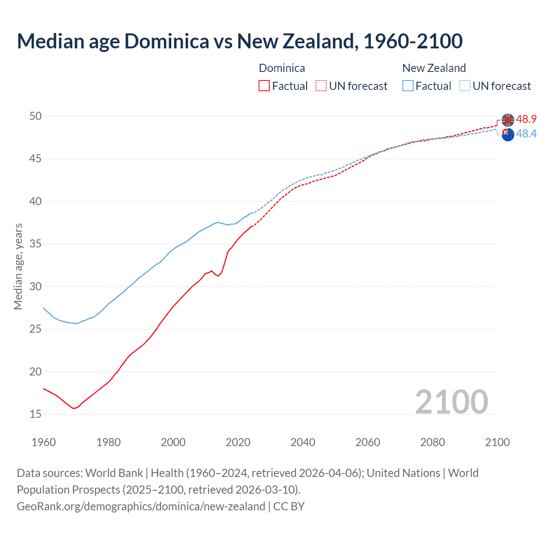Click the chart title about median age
click(x=240, y=41)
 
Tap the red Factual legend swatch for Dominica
click(x=264, y=86)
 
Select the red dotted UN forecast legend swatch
click(x=321, y=86)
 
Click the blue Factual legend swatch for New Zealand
click(x=408, y=86)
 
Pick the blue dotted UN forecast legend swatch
click(x=465, y=86)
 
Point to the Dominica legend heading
click(x=282, y=68)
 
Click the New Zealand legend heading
click(x=434, y=68)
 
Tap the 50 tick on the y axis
click(x=36, y=116)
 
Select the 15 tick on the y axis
click(x=36, y=414)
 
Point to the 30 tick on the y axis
click(x=36, y=286)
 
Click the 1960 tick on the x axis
click(x=44, y=442)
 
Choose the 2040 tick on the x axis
click(x=303, y=442)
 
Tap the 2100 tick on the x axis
click(x=497, y=442)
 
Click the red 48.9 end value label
click(x=526, y=119)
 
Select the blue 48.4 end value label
click(x=526, y=134)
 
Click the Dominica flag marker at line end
click(x=508, y=120)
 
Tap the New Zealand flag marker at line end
click(x=508, y=134)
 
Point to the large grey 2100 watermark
click(x=451, y=402)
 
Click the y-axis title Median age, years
click(x=18, y=266)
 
